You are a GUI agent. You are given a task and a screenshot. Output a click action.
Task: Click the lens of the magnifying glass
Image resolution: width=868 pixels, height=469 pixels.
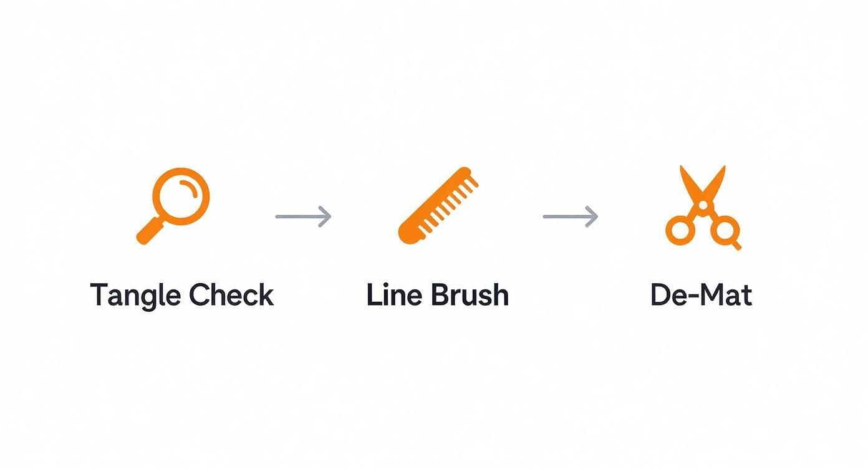coord(181,196)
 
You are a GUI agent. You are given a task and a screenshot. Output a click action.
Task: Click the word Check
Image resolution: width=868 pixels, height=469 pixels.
coord(231,294)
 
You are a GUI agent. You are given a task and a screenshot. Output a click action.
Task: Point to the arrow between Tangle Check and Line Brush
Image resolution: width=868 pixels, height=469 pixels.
coord(303,216)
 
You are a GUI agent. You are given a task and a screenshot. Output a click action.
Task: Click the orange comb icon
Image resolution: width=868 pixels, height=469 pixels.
coord(438,204)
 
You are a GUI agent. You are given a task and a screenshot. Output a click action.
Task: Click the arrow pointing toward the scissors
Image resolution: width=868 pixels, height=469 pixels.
coord(571,216)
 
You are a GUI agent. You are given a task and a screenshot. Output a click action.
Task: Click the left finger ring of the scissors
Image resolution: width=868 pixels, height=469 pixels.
coord(680,230)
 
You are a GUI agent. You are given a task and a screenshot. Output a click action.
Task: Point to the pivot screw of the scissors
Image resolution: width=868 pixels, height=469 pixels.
coord(703,205)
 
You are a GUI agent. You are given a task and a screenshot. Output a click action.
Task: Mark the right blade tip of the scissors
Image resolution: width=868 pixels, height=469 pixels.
coord(724,168)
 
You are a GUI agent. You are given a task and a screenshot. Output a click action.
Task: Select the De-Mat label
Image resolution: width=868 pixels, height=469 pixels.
coord(701,294)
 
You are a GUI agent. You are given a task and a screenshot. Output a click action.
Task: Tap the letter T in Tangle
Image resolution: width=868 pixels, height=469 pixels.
coord(99,294)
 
